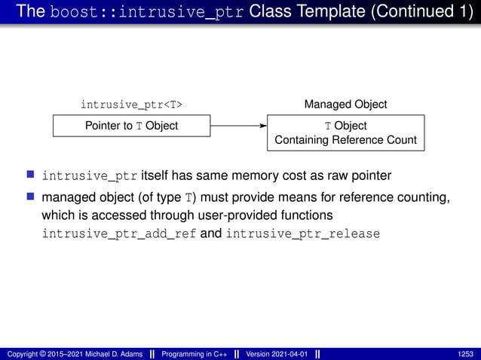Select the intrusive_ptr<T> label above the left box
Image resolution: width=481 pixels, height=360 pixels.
tap(131, 104)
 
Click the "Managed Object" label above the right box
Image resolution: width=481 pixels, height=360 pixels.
tap(345, 104)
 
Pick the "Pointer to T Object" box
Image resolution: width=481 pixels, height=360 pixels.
tap(131, 126)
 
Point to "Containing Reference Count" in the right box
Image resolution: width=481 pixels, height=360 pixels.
tap(345, 140)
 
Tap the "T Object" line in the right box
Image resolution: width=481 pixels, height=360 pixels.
tap(345, 126)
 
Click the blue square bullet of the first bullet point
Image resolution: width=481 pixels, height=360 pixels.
tap(31, 175)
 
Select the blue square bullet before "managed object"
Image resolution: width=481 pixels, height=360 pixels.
tap(31, 197)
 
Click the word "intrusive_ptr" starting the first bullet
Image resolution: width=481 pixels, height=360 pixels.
tap(90, 176)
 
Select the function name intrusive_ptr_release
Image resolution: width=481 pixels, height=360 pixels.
tap(303, 234)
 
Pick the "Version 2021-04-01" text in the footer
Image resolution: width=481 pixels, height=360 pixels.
tap(277, 354)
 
